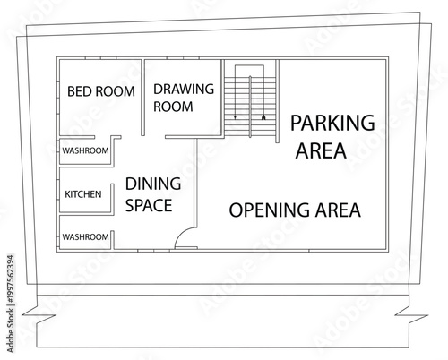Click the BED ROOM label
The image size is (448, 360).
click(x=101, y=91)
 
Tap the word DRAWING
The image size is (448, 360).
click(x=183, y=90)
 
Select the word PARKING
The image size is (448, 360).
click(x=332, y=123)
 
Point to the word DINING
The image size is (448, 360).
click(x=152, y=184)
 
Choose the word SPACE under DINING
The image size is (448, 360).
click(x=149, y=205)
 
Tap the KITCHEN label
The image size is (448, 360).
click(x=83, y=194)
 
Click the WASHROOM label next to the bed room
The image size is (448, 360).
click(x=85, y=150)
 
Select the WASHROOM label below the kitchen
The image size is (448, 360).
click(x=85, y=236)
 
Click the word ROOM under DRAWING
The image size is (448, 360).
click(x=172, y=107)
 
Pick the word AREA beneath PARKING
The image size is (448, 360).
click(x=320, y=150)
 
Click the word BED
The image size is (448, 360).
click(x=80, y=91)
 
